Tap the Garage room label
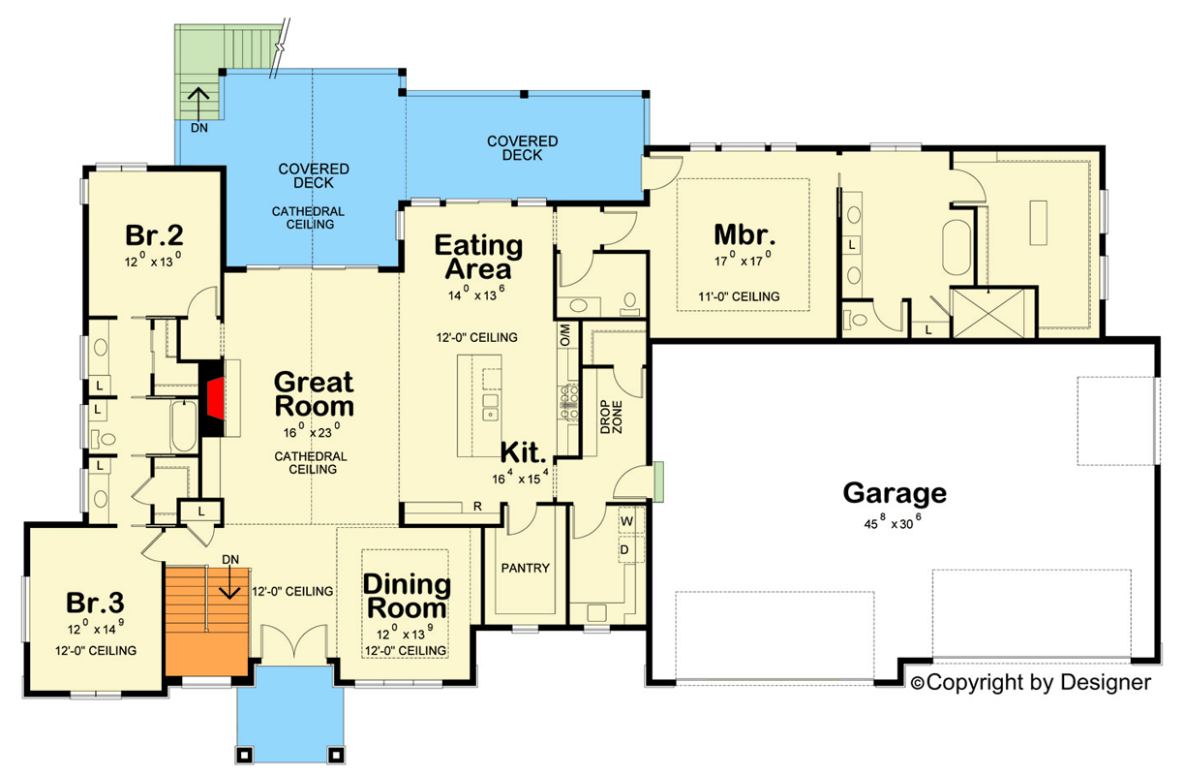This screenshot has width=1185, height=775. click(894, 492)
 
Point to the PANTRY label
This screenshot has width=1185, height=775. click(525, 568)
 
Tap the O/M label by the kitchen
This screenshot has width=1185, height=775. click(565, 334)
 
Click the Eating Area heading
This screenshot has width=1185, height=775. click(478, 257)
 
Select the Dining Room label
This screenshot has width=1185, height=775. click(407, 597)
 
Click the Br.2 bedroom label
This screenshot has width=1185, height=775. click(155, 235)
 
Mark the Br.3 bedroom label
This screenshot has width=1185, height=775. click(95, 603)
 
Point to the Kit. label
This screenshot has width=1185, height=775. click(525, 452)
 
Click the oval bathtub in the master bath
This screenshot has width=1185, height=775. click(957, 248)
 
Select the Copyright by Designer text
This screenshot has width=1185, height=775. click(1031, 683)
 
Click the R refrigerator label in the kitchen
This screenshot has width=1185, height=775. click(478, 506)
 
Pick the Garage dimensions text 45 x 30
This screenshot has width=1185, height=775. click(894, 519)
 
